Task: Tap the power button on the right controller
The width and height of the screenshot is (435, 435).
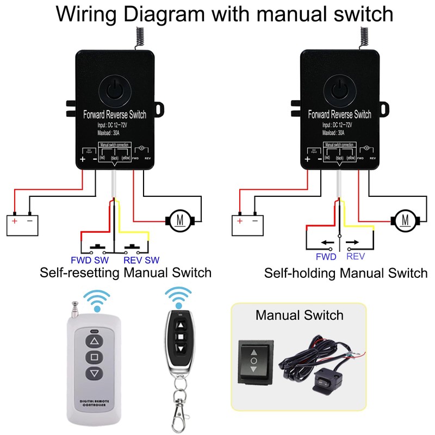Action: click(340, 89)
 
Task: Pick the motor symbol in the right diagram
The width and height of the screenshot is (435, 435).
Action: click(405, 220)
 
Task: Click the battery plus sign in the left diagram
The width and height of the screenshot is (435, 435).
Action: click(14, 222)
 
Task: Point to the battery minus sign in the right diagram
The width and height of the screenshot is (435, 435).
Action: click(254, 222)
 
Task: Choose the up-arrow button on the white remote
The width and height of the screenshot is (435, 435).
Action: click(95, 341)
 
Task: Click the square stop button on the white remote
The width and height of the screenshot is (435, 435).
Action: click(95, 358)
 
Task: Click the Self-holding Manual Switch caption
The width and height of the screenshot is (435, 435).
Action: click(346, 272)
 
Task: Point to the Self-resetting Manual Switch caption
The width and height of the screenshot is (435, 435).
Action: click(126, 272)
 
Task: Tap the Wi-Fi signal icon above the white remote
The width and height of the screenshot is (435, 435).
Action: click(96, 300)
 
